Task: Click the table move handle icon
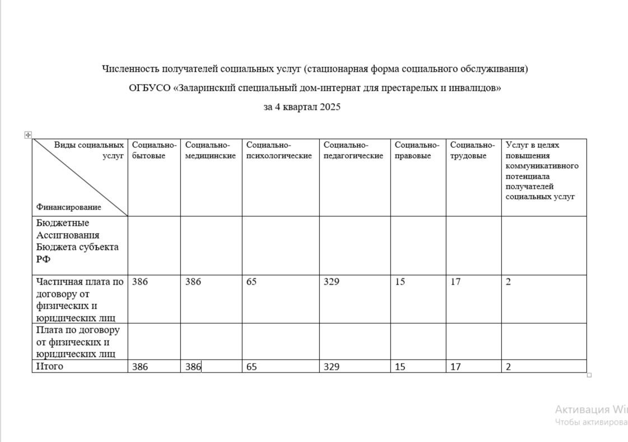tap(28, 134)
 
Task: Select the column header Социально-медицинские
tap(211, 150)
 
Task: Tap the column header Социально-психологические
tap(279, 150)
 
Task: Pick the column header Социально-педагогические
tap(353, 150)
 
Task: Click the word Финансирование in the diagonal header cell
tap(69, 207)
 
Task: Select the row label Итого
tap(50, 366)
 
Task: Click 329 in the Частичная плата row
tap(331, 282)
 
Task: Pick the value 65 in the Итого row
tap(252, 367)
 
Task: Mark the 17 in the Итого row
tap(455, 367)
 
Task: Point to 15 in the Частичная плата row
tap(399, 282)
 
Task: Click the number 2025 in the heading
tap(330, 107)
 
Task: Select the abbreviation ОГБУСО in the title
tap(150, 88)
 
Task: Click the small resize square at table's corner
tap(589, 375)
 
